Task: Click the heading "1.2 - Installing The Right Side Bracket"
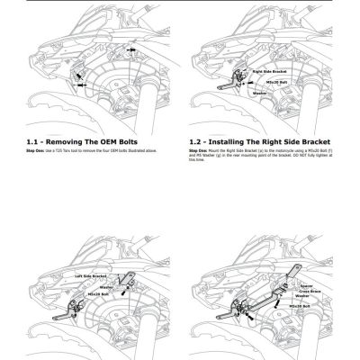coord(259,141)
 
